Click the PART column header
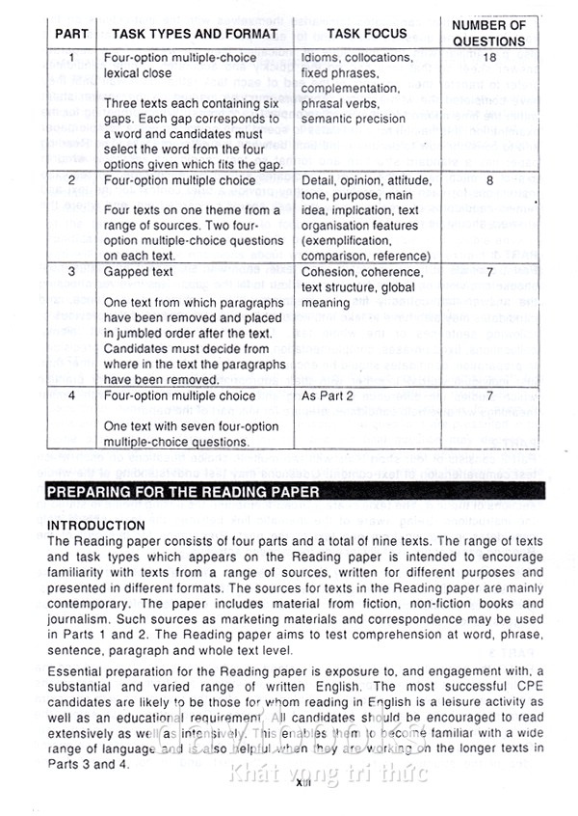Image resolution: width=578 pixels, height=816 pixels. click(x=71, y=34)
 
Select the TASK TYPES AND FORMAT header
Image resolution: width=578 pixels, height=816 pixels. click(x=194, y=34)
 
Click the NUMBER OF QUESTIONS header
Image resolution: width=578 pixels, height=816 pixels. click(x=488, y=34)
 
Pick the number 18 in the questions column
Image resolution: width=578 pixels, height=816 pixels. click(x=488, y=58)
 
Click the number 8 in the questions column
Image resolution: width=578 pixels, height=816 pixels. click(x=489, y=180)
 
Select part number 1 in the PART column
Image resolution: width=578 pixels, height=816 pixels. click(x=71, y=58)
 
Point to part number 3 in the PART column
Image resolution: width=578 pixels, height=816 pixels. click(x=71, y=273)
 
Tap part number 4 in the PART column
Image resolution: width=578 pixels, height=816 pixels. click(x=71, y=396)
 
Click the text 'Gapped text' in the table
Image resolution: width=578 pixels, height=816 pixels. click(x=139, y=273)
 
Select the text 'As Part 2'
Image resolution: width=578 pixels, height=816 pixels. click(x=328, y=396)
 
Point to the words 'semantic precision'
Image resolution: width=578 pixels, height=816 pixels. click(x=354, y=120)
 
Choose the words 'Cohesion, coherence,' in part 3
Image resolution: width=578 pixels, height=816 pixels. click(x=362, y=273)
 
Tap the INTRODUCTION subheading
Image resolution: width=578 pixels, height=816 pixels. click(x=96, y=526)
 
